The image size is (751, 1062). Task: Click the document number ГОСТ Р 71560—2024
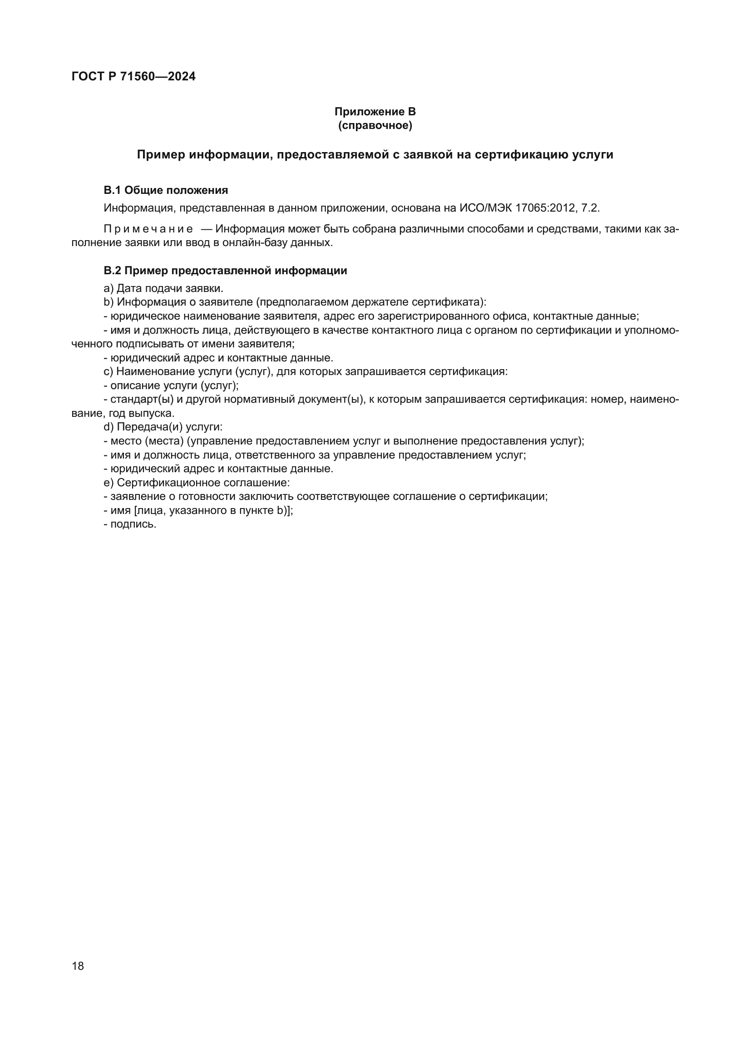[x=133, y=77]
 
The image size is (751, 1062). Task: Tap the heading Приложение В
[x=375, y=112]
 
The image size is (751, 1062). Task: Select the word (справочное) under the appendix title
[x=375, y=125]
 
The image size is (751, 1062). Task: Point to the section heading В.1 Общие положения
[x=166, y=190]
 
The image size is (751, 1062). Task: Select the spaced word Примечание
[x=148, y=229]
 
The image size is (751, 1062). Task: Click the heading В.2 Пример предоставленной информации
[x=225, y=271]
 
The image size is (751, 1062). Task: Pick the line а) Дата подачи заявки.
[x=163, y=288]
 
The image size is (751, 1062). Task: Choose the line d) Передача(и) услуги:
[x=163, y=427]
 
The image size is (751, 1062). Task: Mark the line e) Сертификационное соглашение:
[x=197, y=483]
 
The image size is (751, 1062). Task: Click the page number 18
[x=78, y=966]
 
